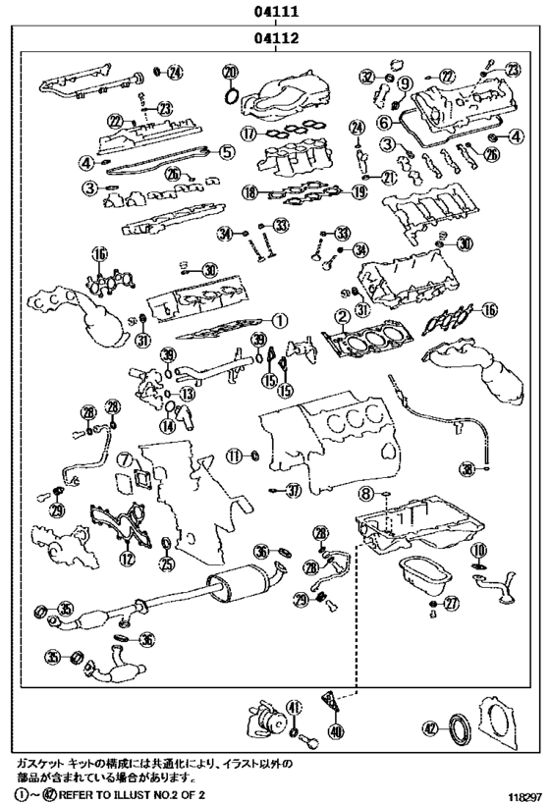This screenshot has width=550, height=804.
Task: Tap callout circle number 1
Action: [278, 319]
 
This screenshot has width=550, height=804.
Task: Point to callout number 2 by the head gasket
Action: [342, 317]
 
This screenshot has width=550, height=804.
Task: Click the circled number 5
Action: [226, 152]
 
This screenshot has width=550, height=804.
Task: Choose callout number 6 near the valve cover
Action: [384, 123]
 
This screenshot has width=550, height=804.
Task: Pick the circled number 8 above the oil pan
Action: [364, 492]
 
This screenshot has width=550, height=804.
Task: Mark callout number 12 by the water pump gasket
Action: [126, 560]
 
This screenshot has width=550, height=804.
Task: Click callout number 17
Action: [248, 134]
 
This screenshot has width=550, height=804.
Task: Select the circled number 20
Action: [230, 72]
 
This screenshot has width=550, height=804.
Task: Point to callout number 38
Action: [467, 467]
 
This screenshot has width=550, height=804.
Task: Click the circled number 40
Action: [336, 730]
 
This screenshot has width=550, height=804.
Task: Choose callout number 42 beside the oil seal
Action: [429, 727]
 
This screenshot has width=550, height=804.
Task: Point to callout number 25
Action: [166, 563]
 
